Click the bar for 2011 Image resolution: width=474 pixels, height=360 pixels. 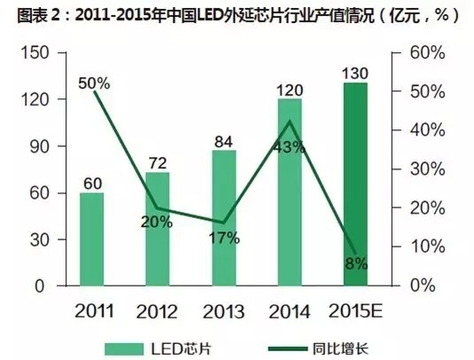[x=91, y=239]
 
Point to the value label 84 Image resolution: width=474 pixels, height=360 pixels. [x=224, y=140]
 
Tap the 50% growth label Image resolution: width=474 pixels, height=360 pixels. [x=93, y=83]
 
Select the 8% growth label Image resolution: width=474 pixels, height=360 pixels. [x=356, y=263]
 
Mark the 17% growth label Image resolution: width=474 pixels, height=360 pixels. [x=224, y=238]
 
